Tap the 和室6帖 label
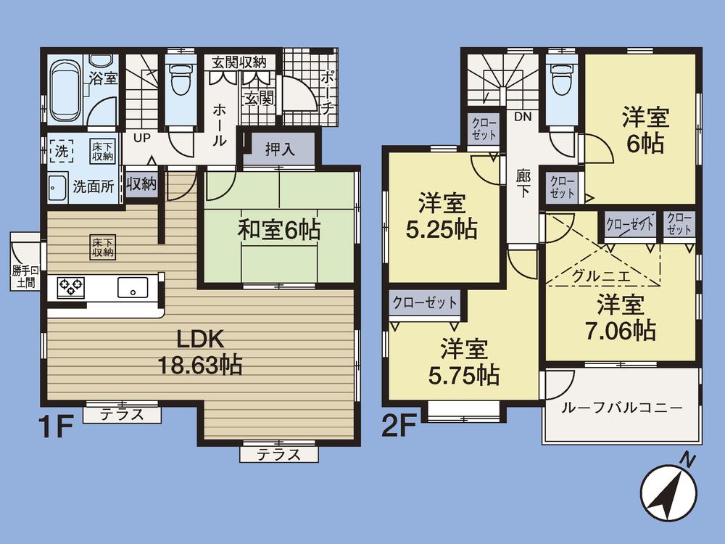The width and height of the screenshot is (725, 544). pos(279,231)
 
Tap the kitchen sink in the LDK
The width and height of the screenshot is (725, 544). pos(132,287)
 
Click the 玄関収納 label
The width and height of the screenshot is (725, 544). pos(239,62)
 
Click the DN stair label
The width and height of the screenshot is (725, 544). pos(523,116)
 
